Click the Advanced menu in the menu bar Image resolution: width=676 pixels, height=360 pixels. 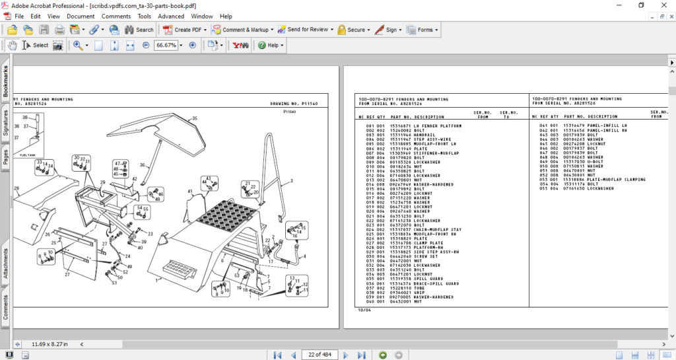171,16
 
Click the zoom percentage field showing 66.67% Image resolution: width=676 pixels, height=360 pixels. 166,46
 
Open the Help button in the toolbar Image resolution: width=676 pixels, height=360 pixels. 271,46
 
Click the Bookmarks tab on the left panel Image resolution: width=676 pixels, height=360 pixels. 6,82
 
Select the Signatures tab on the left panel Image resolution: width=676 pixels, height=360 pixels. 6,123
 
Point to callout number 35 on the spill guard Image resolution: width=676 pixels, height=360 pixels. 195,118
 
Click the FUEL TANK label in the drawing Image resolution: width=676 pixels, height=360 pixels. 26,154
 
